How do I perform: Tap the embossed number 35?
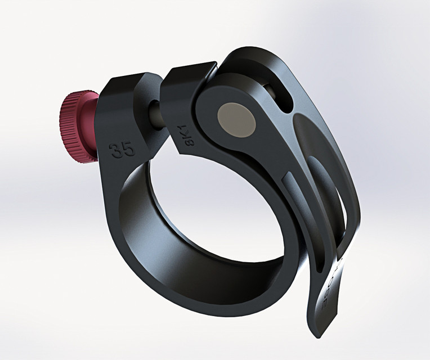[122, 149]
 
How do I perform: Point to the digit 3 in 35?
[116, 150]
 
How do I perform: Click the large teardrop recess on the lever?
[315, 163]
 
